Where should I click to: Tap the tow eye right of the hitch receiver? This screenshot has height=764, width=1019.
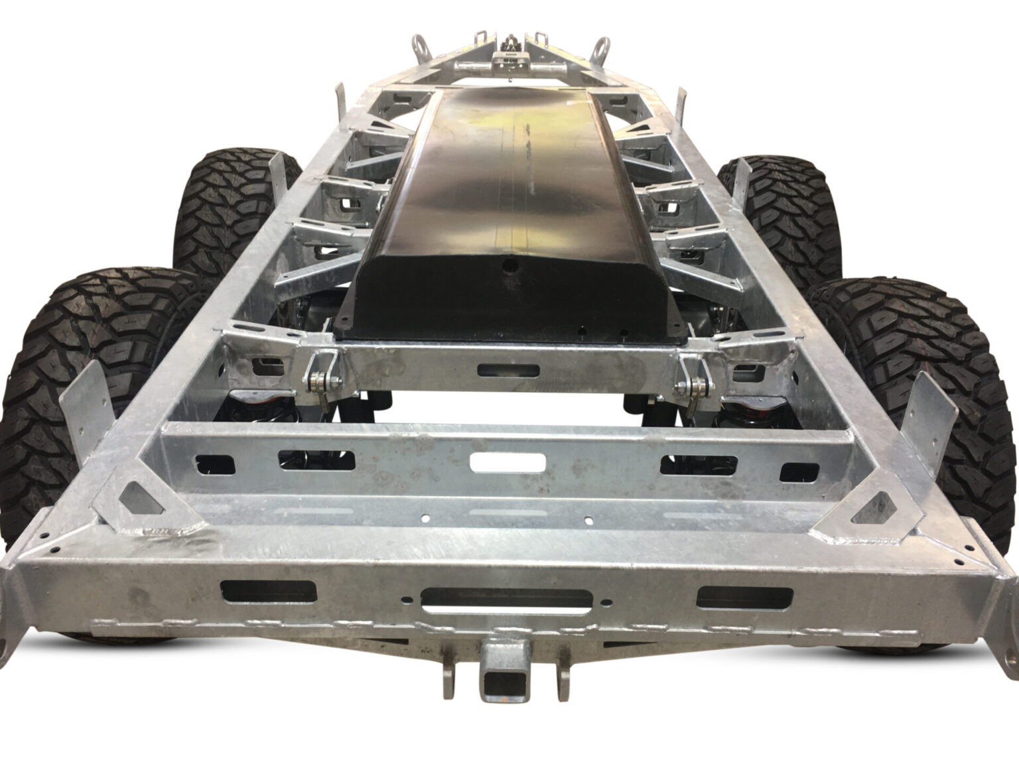(562, 676)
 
